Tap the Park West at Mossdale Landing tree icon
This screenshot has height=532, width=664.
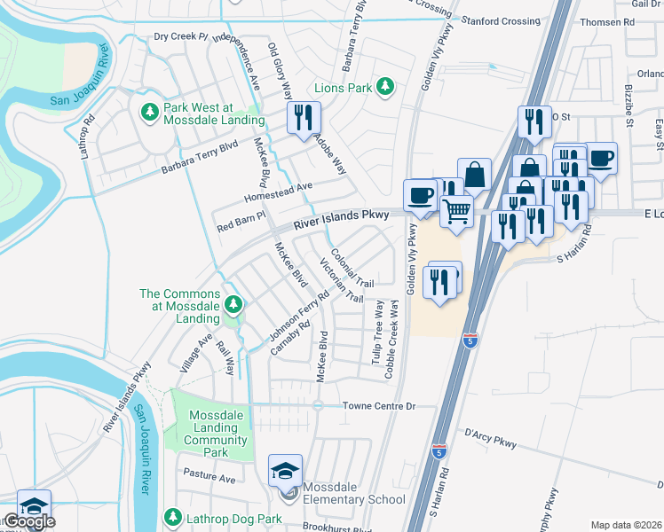point(149,112)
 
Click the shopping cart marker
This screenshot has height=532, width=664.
point(456,211)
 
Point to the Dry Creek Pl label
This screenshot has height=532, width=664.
point(180,36)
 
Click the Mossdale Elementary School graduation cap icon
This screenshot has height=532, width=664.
point(286,470)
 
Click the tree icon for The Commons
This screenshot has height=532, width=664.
point(233,306)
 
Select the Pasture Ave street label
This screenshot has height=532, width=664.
point(210,478)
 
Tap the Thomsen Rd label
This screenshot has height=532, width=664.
point(629,21)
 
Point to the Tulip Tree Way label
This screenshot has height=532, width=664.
point(377,332)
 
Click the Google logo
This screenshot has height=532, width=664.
point(29,521)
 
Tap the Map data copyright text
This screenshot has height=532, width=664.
point(626,525)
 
